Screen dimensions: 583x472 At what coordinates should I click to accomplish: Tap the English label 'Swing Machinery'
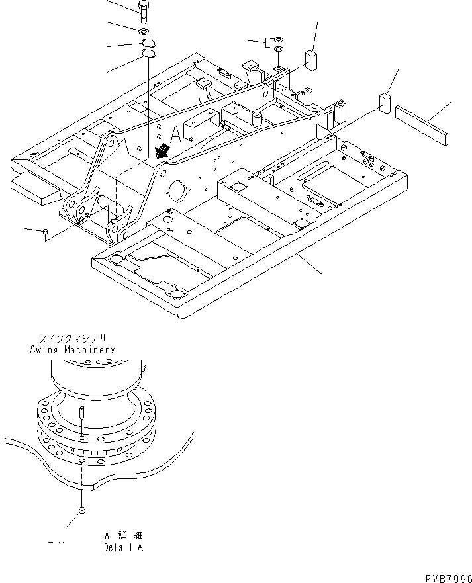(72, 349)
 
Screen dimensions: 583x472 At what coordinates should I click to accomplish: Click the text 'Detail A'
(122, 548)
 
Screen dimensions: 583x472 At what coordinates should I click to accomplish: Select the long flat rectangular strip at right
(421, 124)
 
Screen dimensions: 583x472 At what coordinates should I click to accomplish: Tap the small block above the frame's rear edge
(310, 59)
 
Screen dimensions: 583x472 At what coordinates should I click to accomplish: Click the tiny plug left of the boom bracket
(44, 231)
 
